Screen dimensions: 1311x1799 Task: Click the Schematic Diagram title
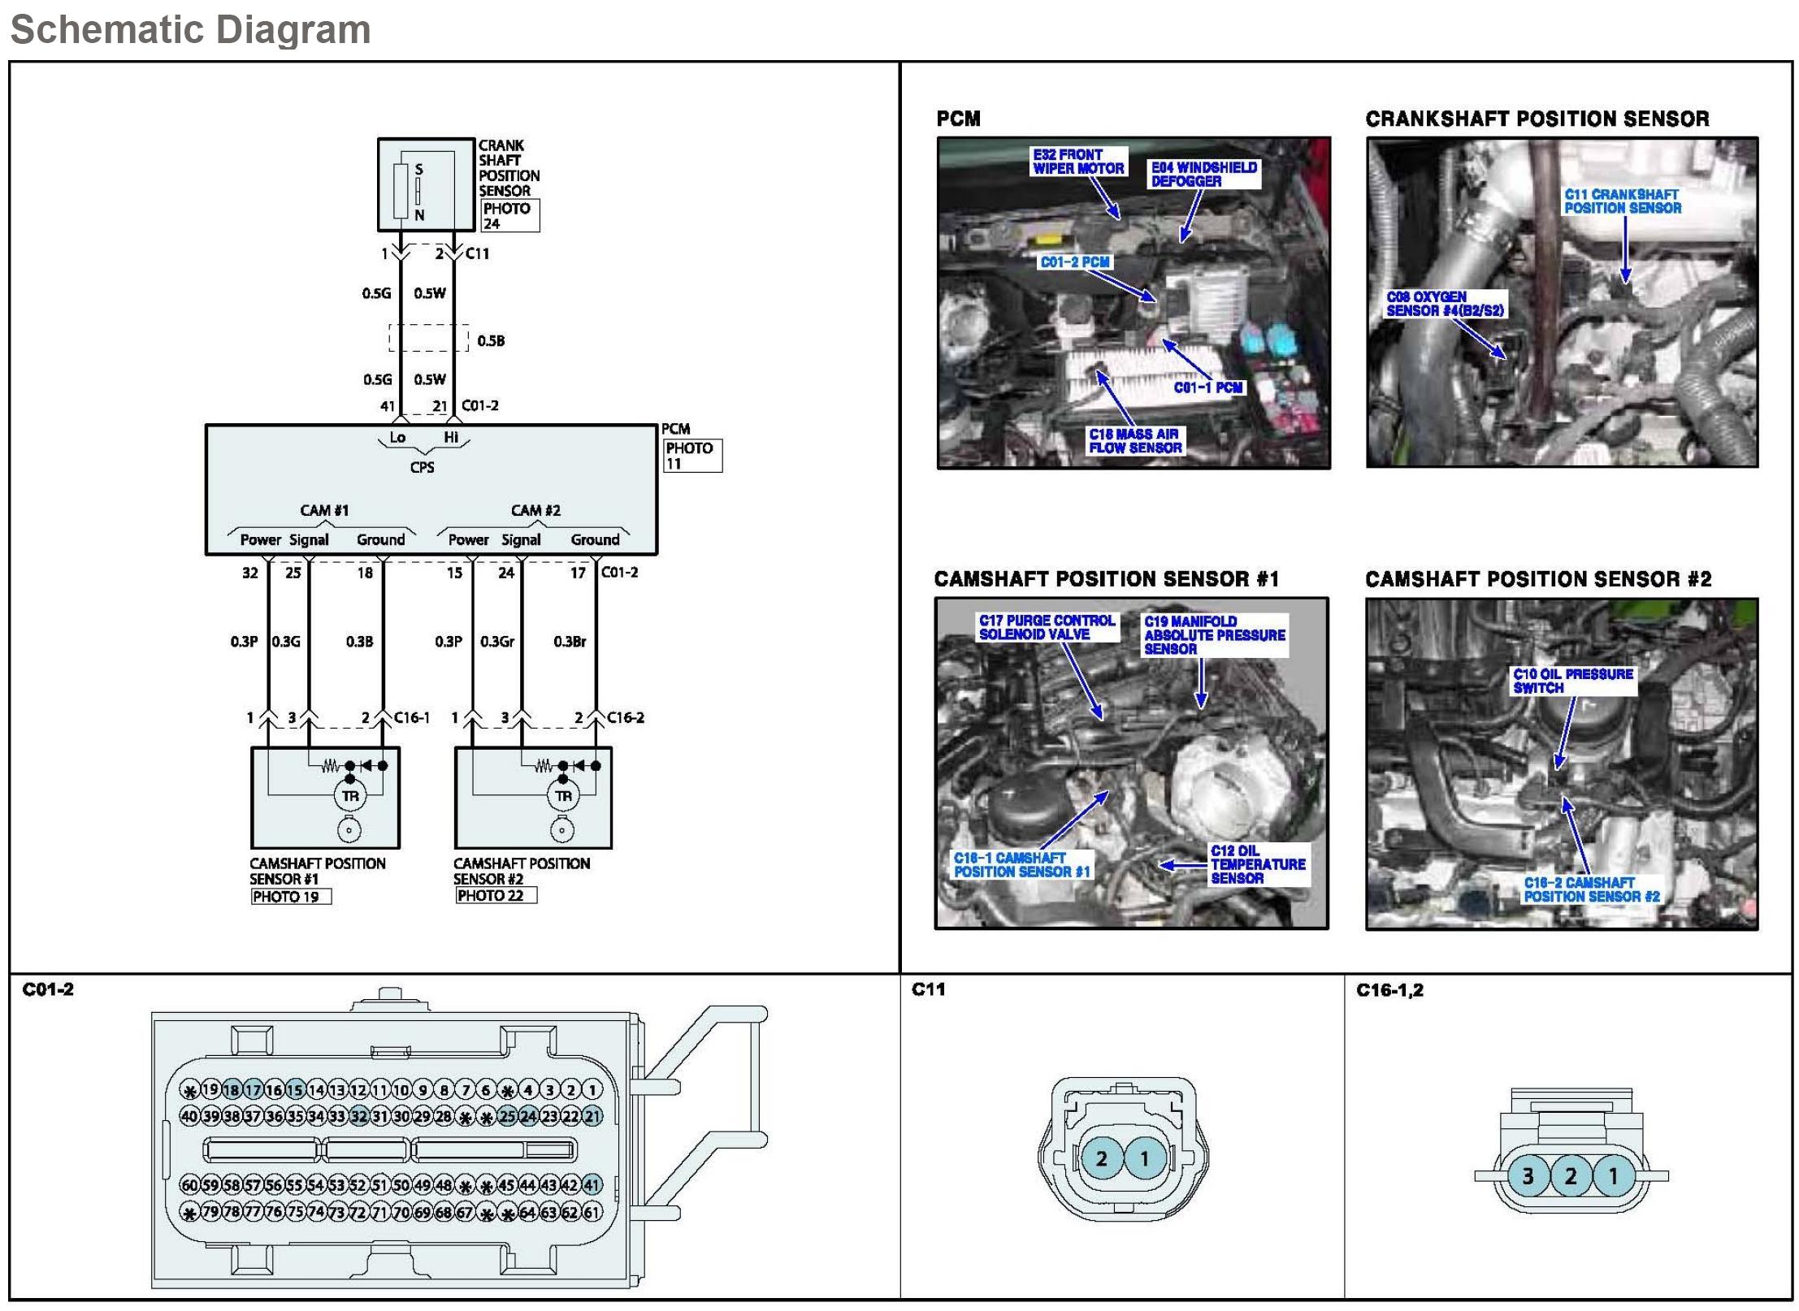[190, 30]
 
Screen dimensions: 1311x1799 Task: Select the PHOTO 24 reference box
[509, 215]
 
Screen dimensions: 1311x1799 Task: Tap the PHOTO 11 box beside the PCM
[692, 456]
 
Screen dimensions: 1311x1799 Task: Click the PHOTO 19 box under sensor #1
[290, 897]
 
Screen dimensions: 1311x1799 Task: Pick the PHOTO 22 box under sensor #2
[495, 896]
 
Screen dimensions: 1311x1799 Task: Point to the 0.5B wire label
[491, 341]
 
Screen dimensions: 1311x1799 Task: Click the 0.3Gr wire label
[496, 642]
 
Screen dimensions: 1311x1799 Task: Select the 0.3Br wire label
[570, 642]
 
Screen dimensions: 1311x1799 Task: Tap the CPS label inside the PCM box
[422, 468]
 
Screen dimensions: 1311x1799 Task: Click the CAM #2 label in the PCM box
[535, 511]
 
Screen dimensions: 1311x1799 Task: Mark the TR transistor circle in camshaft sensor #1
[350, 796]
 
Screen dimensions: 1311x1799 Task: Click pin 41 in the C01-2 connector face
[592, 1185]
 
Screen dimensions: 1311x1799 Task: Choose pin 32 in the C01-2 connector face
[359, 1116]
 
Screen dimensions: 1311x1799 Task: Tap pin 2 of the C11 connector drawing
[1102, 1159]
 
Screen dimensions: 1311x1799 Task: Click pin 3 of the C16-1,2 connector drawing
[1528, 1176]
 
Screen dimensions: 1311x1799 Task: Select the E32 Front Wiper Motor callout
[1078, 162]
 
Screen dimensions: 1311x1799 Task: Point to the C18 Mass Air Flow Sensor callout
[1135, 441]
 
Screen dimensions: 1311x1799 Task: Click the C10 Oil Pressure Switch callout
[1572, 681]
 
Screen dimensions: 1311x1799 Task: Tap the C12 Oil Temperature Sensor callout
[1257, 864]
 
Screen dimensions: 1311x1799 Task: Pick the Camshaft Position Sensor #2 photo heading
[1538, 579]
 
